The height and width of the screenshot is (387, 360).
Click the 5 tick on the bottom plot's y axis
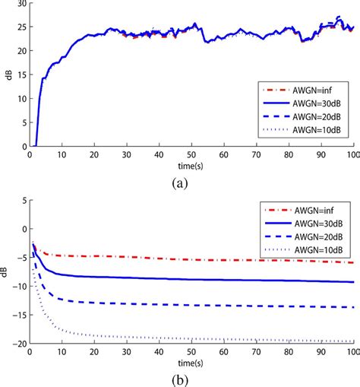[x=23, y=201]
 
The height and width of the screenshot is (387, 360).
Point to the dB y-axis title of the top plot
[x=6, y=75]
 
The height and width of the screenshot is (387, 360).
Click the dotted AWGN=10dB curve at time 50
[x=190, y=338]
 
